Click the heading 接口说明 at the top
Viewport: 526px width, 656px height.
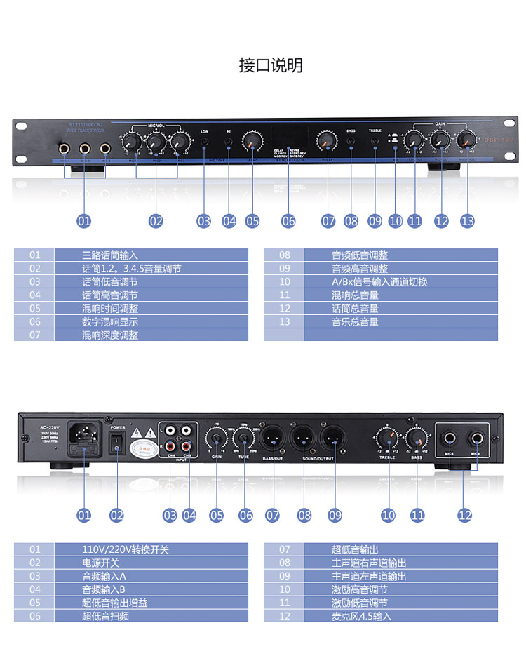pyautogui.click(x=271, y=66)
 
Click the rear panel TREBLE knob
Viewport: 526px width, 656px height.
pyautogui.click(x=387, y=441)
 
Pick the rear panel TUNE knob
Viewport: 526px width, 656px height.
pyautogui.click(x=244, y=441)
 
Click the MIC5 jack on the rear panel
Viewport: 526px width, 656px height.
pyautogui.click(x=452, y=441)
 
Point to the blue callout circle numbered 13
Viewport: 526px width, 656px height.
pyautogui.click(x=467, y=221)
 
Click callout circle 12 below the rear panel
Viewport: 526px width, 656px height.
pyautogui.click(x=464, y=515)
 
